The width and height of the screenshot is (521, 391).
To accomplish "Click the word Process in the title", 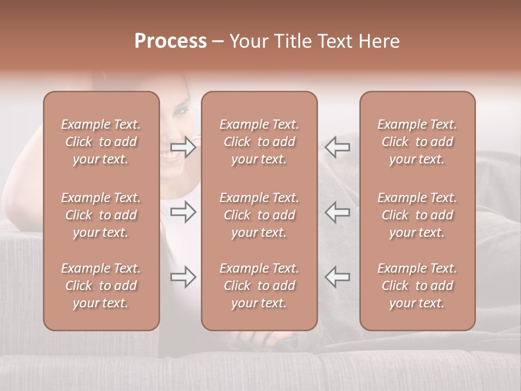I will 170,41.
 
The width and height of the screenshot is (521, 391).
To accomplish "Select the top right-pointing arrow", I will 183,147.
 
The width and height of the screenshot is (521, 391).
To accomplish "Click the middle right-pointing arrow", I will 183,212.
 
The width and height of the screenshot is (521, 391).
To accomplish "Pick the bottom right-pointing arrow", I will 183,277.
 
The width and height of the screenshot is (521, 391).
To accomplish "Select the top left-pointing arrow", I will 337,147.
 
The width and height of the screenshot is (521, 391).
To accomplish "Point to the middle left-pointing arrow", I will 337,212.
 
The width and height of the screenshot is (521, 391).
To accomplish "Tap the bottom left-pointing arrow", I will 337,277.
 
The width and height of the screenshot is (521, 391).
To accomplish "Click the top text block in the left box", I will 101,142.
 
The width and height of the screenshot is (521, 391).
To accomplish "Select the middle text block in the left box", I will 101,215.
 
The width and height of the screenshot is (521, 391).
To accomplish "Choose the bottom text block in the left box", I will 101,286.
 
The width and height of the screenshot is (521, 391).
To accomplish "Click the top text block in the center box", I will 259,142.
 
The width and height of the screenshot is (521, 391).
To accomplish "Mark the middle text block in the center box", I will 259,215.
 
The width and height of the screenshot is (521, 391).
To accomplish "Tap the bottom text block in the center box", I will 259,286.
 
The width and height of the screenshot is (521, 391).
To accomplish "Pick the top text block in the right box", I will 417,142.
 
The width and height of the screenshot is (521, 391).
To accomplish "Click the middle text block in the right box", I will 417,215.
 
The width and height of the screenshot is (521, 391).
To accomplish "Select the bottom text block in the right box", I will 417,286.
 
